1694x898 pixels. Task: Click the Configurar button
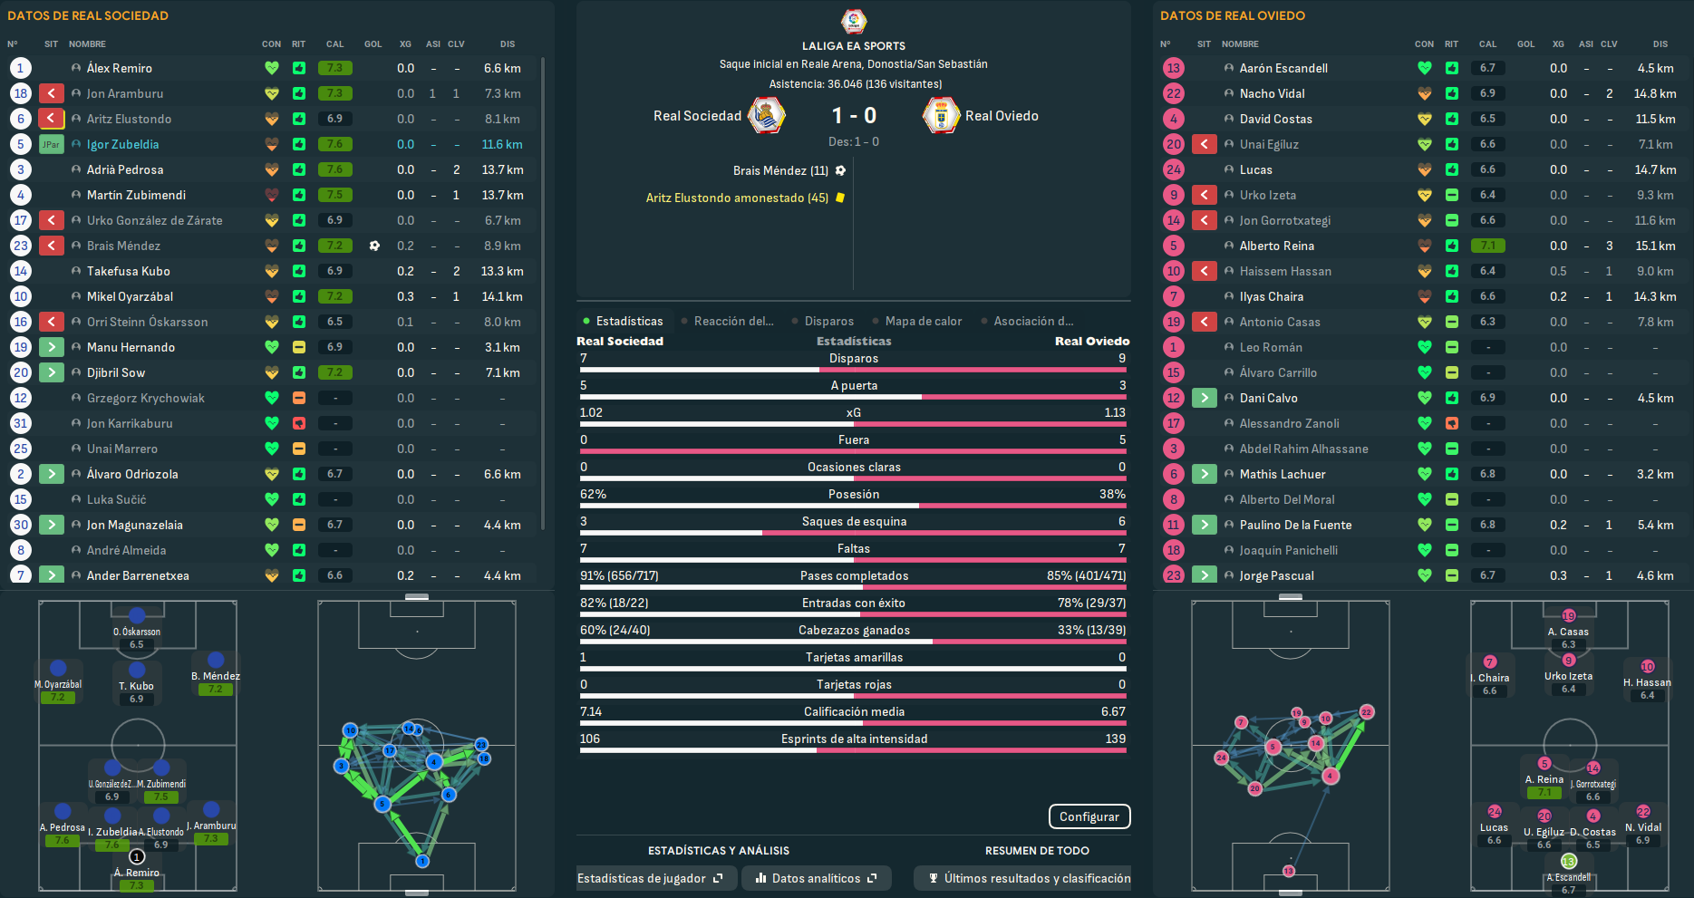[1089, 816]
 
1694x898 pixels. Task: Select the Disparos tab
[828, 321]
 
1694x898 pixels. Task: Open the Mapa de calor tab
[923, 321]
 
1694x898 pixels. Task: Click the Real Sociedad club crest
[766, 116]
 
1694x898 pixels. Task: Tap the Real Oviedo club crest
[941, 116]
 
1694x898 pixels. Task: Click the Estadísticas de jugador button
[650, 878]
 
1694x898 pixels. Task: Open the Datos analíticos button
[816, 878]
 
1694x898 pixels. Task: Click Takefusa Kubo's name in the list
[128, 271]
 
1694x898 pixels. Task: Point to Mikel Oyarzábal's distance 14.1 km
[502, 296]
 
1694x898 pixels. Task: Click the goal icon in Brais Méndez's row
[374, 246]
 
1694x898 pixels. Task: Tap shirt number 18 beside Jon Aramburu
[21, 93]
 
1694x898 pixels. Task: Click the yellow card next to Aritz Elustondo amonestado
[840, 198]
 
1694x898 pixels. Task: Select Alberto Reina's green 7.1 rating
[1487, 246]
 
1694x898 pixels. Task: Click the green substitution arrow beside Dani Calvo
[1204, 398]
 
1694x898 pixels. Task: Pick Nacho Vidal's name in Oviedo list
[1272, 93]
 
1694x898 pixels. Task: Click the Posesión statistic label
[853, 494]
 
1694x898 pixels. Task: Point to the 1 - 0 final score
[854, 116]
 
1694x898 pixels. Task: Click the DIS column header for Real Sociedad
[507, 43]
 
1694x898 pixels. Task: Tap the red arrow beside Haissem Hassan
[1204, 271]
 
